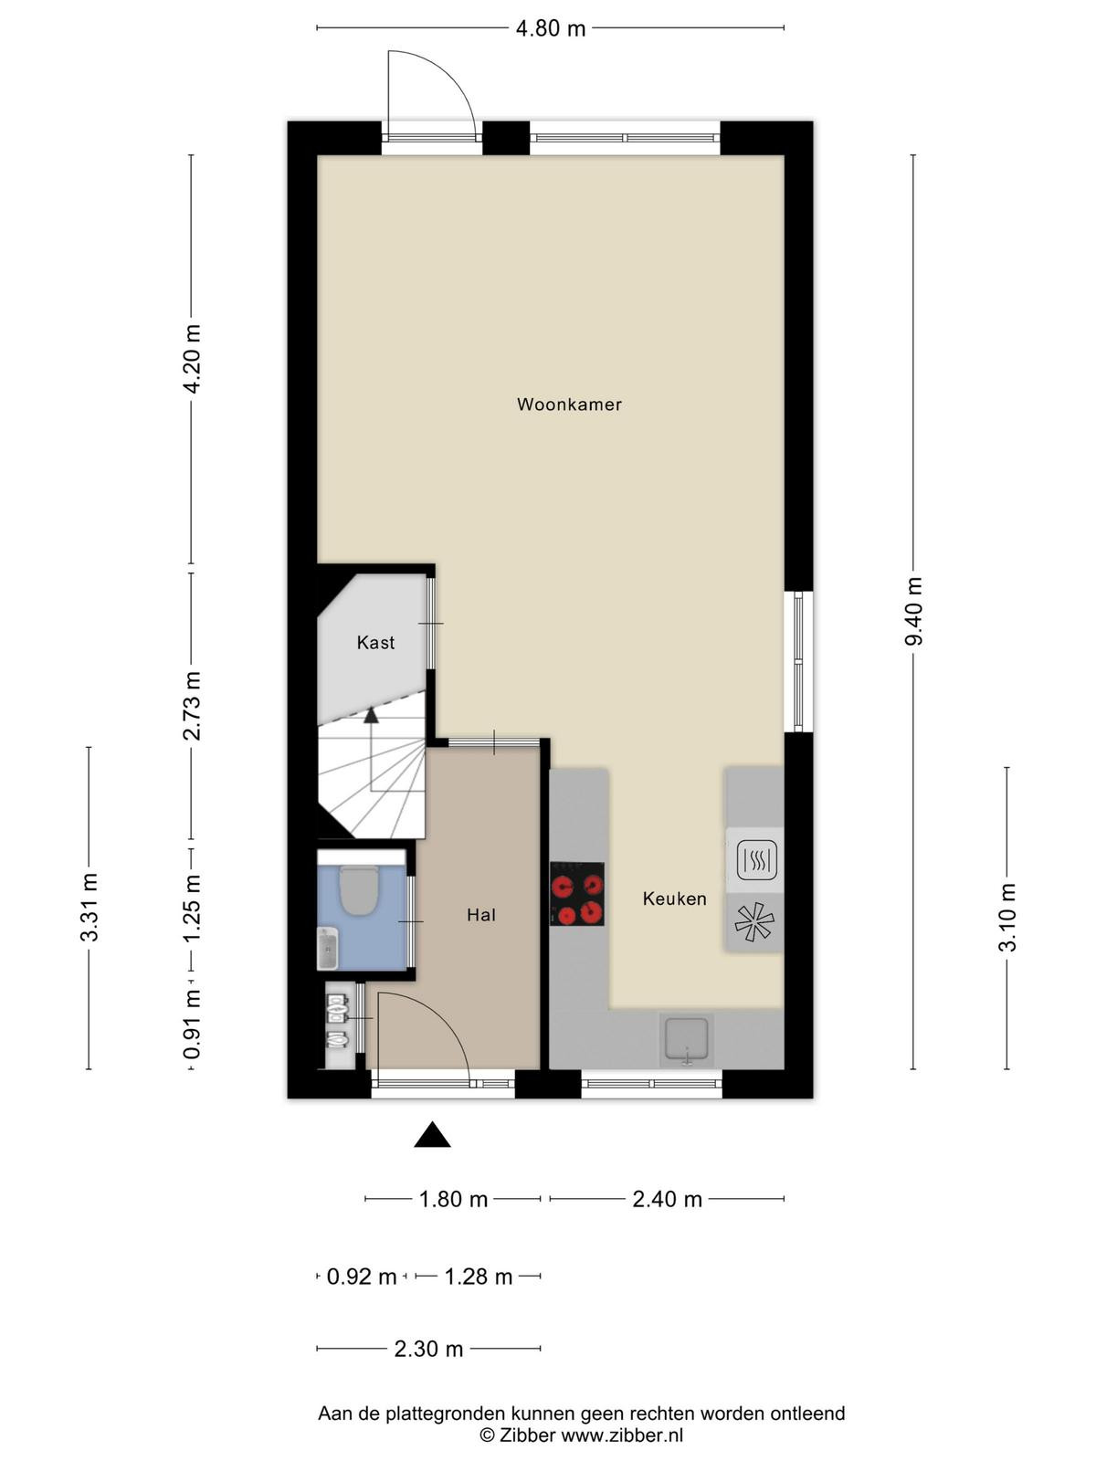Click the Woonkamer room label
569,404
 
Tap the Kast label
375,642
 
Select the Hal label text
481,915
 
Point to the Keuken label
674,899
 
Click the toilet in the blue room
359,889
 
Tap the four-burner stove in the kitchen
577,894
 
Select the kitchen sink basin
686,1040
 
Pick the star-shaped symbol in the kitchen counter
754,923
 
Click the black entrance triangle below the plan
433,1134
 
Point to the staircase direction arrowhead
371,715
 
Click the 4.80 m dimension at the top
551,28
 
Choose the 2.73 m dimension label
193,706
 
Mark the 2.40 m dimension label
667,1199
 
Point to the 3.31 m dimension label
89,907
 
